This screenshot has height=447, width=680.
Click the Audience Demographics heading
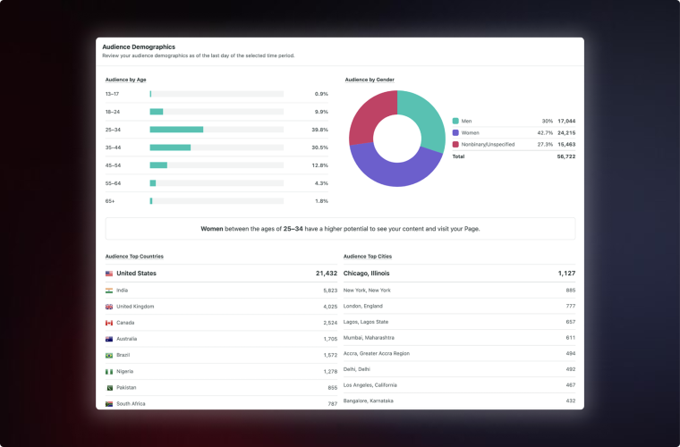139,46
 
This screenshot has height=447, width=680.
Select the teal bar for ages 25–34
176,130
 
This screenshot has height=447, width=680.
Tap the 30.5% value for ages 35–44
319,148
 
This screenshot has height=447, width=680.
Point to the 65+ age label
110,201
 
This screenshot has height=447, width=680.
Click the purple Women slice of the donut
394,170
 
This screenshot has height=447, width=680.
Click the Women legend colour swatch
455,132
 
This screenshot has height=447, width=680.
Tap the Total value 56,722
565,156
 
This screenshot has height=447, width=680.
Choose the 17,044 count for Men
565,121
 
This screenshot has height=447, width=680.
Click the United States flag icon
109,274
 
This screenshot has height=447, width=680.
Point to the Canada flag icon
109,323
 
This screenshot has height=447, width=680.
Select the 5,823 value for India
330,291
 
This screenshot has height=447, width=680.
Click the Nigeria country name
125,371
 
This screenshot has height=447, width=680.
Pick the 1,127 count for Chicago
566,274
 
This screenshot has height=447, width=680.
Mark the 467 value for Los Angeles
570,384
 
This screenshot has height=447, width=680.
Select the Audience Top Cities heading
367,257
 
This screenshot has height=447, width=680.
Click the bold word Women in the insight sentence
212,229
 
